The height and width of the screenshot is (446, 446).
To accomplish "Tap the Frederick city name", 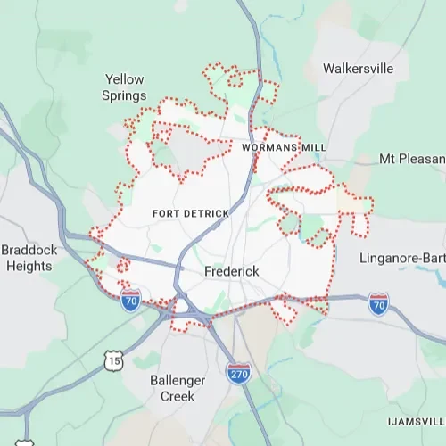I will coord(231,270).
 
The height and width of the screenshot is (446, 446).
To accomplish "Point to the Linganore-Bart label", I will coord(402,259).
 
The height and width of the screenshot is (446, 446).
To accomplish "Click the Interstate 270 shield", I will coord(238,372).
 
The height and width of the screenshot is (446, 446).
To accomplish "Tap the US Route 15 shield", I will coord(113,360).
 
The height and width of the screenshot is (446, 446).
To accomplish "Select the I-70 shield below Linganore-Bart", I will coord(379,305).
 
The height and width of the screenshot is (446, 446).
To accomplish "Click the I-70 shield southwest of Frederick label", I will coord(131,300).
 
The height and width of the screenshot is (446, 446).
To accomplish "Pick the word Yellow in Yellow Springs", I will coord(124,78).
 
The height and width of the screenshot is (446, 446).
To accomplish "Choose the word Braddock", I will coord(29,251).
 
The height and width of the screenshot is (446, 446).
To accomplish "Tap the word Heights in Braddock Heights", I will coord(29,266).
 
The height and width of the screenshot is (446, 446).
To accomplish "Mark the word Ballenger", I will coord(177,381).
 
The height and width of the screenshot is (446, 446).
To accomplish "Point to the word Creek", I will coord(177,396).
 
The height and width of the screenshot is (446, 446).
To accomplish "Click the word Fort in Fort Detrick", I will coord(166,214).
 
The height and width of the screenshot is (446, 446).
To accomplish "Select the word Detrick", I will coord(206,214).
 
